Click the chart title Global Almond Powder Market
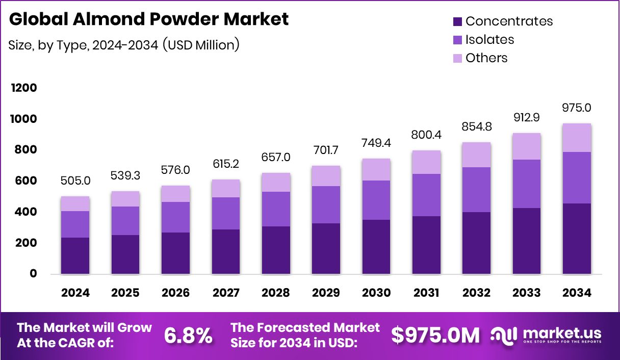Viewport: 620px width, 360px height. click(x=149, y=19)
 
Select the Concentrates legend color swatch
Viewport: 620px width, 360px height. click(x=457, y=21)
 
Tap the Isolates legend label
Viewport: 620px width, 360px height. click(x=489, y=40)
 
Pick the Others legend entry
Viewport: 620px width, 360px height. click(x=486, y=58)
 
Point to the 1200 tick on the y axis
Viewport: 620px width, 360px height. click(x=24, y=88)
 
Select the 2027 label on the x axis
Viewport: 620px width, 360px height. click(x=226, y=293)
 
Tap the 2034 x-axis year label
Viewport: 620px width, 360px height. click(x=577, y=293)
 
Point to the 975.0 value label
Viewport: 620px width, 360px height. click(x=577, y=108)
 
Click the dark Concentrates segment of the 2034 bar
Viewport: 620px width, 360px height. click(x=577, y=239)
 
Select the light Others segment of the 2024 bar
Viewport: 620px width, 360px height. click(x=75, y=204)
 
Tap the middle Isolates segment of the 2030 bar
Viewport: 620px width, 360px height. click(x=376, y=200)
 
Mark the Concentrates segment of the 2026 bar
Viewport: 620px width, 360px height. click(x=175, y=253)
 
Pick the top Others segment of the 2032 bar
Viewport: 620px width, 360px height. click(x=476, y=155)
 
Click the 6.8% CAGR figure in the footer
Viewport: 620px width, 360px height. click(x=188, y=336)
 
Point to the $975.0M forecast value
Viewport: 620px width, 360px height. click(x=435, y=336)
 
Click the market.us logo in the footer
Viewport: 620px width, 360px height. click(x=546, y=336)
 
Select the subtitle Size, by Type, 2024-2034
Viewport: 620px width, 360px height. click(x=124, y=45)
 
